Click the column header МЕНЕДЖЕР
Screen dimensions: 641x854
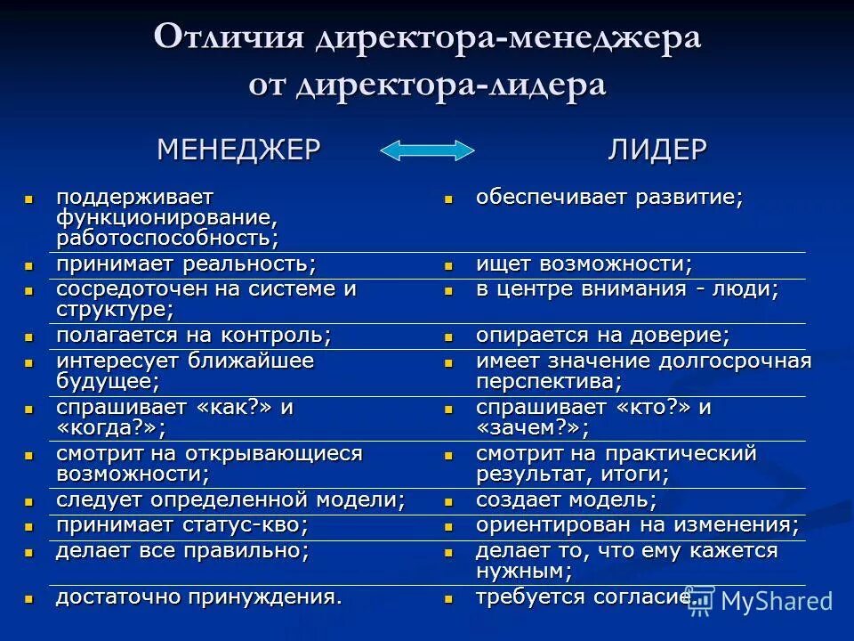tap(238, 149)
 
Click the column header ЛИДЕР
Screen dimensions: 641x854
tap(657, 149)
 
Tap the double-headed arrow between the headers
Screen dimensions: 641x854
tap(427, 150)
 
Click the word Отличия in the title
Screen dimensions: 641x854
tap(228, 39)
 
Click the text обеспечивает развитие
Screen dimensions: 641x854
tap(608, 197)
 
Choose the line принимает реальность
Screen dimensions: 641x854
tap(186, 264)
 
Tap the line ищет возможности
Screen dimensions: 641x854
tap(584, 264)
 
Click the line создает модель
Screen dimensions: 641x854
tap(567, 500)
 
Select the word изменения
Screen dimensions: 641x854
tap(745, 525)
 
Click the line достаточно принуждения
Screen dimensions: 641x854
tap(198, 596)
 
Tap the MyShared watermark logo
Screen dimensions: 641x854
tap(761, 601)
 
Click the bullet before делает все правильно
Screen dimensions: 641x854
tap(29, 552)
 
